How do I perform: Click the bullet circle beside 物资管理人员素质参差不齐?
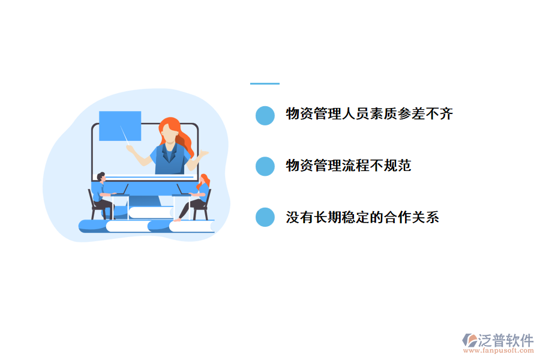pos(265,115)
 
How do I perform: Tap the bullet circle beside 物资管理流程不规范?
pos(265,166)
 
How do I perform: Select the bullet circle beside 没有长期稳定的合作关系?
pos(265,217)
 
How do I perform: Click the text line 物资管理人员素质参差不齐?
pos(369,114)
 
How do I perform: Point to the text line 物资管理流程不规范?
pos(349,166)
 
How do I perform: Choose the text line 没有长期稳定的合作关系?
pos(362,217)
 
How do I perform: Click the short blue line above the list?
pos(265,83)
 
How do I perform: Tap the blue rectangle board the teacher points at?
pos(120,125)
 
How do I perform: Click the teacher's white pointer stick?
pos(127,136)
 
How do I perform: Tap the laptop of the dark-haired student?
pos(120,191)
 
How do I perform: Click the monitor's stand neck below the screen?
pos(145,201)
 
